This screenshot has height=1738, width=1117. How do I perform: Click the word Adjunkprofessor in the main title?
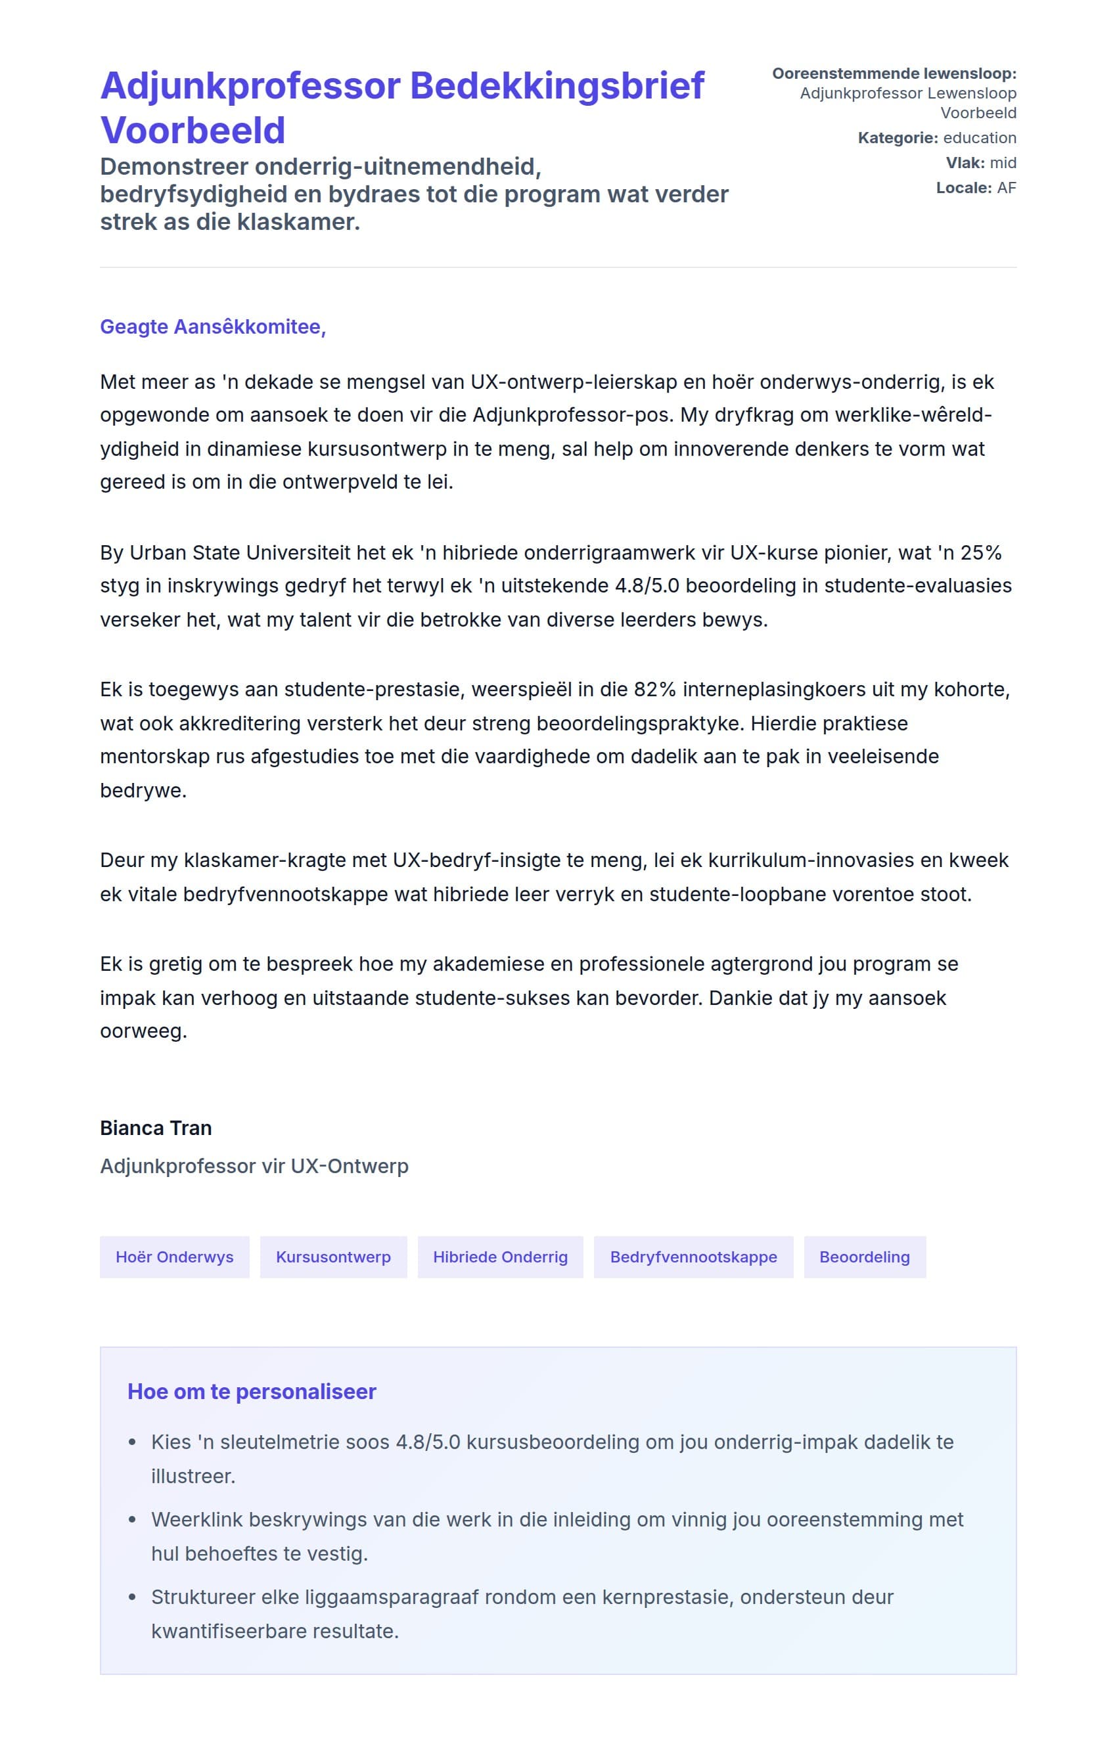(250, 85)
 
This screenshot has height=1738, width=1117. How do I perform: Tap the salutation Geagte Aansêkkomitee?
(212, 327)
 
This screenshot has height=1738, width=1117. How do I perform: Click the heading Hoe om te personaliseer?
(252, 1391)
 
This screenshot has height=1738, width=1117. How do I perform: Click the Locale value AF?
(1006, 188)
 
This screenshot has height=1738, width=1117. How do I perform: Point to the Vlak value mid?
(1003, 162)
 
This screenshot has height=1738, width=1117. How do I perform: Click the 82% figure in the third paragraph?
(654, 689)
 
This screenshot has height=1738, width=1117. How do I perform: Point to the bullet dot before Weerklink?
(132, 1520)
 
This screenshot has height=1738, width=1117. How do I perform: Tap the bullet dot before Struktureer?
(132, 1597)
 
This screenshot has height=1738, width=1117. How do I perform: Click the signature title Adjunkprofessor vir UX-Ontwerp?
(254, 1166)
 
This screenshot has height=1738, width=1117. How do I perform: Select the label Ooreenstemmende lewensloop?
(894, 73)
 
